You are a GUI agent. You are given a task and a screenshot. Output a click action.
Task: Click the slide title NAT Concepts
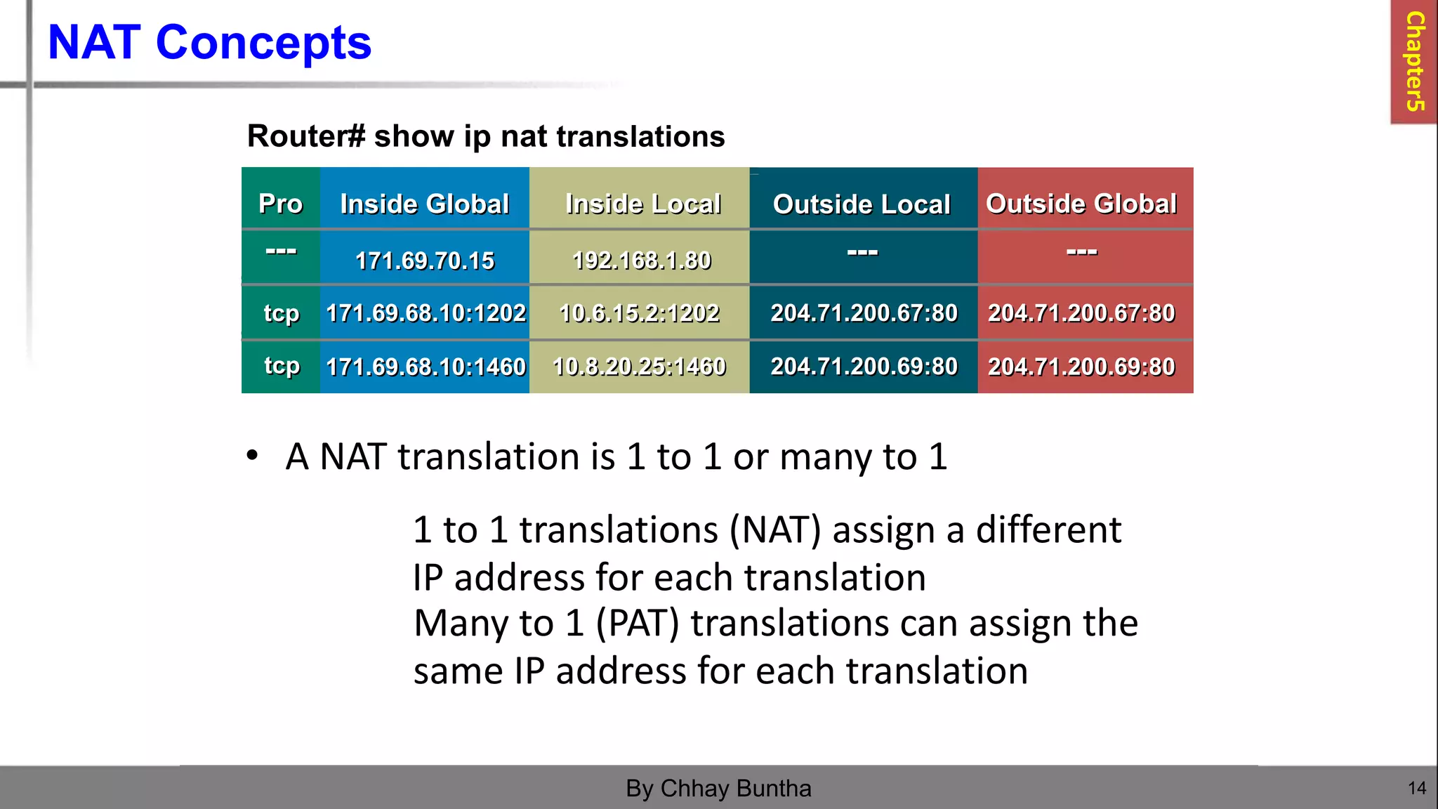click(x=209, y=43)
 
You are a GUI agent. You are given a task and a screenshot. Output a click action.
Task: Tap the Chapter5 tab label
click(x=1415, y=61)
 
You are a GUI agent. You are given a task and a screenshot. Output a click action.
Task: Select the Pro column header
click(x=280, y=204)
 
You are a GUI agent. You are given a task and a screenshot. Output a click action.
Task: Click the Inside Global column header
click(x=424, y=204)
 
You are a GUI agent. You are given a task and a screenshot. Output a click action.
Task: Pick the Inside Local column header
click(x=642, y=204)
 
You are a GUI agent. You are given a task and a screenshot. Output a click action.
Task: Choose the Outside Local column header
click(x=862, y=204)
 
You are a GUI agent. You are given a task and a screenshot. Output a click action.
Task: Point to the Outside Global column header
click(x=1081, y=204)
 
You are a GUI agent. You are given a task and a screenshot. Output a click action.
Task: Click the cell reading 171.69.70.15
click(x=424, y=261)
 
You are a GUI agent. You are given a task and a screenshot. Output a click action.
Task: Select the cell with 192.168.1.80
click(x=642, y=261)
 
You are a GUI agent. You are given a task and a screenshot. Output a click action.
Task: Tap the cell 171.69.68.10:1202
click(x=426, y=313)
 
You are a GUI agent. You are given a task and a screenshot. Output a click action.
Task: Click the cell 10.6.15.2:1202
click(x=639, y=313)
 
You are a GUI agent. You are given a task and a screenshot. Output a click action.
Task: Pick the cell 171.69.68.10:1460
click(x=426, y=367)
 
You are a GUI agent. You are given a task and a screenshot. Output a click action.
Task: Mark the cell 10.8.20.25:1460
click(x=639, y=367)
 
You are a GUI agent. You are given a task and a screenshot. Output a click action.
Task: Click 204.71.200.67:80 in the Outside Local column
click(x=864, y=313)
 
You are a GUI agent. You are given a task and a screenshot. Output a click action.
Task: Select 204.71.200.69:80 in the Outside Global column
click(x=1081, y=367)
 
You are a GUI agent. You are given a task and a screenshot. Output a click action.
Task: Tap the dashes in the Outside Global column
click(x=1081, y=251)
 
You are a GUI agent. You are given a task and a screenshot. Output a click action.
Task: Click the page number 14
click(x=1417, y=788)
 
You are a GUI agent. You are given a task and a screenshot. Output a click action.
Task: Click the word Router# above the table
click(x=306, y=136)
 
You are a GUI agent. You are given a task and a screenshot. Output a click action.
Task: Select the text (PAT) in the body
click(x=637, y=623)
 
